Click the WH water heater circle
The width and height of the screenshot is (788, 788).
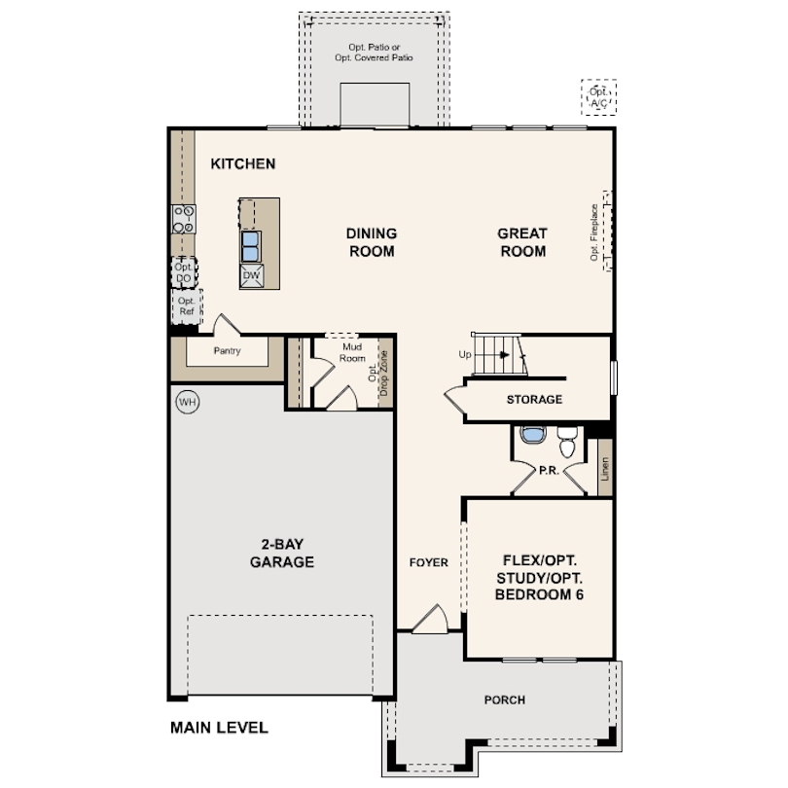tap(188, 402)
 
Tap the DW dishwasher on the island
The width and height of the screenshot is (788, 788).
tap(251, 276)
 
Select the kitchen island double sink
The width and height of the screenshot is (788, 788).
tap(250, 246)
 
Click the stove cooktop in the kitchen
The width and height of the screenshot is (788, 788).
tap(184, 219)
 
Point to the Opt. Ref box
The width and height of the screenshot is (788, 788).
tap(187, 306)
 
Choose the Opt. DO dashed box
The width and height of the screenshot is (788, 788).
tap(184, 272)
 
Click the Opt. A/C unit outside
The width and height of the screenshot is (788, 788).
tap(598, 97)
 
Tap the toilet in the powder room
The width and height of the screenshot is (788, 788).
tap(567, 442)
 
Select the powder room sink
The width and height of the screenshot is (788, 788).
tap(532, 435)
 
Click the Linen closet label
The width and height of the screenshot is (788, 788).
tap(604, 468)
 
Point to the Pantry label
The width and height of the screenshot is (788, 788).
tap(227, 351)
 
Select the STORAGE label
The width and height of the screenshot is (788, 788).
tap(534, 400)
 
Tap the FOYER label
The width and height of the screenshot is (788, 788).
tap(429, 562)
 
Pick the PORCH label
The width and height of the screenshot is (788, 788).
tap(505, 699)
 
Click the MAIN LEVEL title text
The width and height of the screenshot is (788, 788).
tap(219, 727)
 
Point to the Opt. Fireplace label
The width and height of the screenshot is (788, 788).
tap(594, 233)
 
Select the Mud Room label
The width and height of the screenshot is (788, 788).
tap(352, 352)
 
